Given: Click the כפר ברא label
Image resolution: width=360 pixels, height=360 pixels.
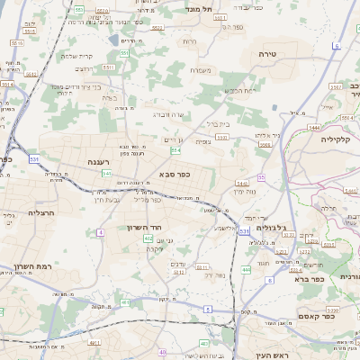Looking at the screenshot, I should pyautogui.click(x=309, y=279).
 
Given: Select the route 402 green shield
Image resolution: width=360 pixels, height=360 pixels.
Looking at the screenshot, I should pyautogui.click(x=147, y=238).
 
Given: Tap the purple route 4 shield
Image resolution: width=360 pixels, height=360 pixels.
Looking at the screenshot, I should pyautogui.click(x=102, y=232).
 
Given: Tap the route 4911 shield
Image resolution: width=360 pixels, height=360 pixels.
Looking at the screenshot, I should pyautogui.click(x=93, y=343).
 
